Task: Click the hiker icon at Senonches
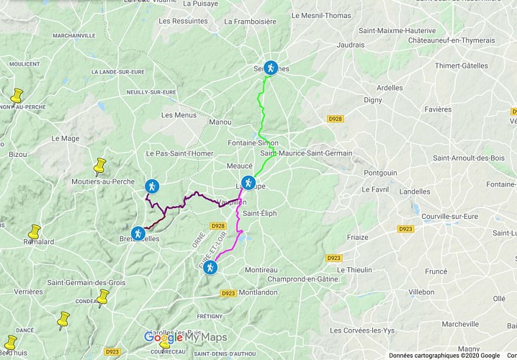coord(270,68)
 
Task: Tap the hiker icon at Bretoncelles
coord(138,233)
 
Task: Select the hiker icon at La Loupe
coord(248,183)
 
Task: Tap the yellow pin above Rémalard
coord(34,232)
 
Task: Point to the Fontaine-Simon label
coord(253,143)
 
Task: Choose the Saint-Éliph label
coord(259,213)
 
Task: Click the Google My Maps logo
coord(185,337)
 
